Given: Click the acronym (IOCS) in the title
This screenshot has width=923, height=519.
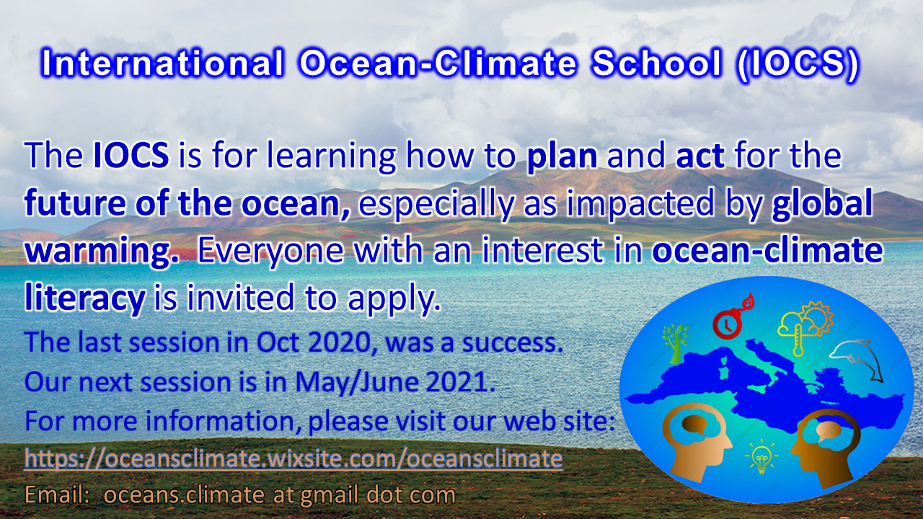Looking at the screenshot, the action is coord(798,65).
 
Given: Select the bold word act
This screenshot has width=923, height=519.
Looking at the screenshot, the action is coord(700,156).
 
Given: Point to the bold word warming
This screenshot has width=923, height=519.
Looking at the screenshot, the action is coord(102,252).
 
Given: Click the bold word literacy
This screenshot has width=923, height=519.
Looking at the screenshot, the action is coord(85,298).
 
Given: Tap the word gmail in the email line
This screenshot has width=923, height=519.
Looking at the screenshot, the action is coord(329,495).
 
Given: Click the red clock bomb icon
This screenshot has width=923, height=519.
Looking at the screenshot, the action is coord(733,316).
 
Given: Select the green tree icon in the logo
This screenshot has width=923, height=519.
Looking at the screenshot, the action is coord(675,344).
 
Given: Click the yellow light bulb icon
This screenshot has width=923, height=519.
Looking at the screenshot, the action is coord(761,456).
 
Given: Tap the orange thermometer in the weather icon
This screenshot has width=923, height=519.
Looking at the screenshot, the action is coord(798,339).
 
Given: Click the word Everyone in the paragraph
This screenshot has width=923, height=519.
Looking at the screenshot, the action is coord(270,252).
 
